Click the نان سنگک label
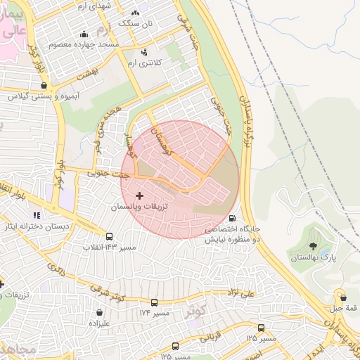pyautogui.click(x=134, y=22)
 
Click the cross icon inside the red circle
pyautogui.click(x=139, y=195)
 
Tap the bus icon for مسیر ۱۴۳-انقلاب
pyautogui.click(x=109, y=237)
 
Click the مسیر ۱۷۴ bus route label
pyautogui.click(x=154, y=311)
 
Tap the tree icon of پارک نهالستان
pyautogui.click(x=313, y=246)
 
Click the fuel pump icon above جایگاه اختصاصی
pyautogui.click(x=233, y=219)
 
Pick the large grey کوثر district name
pyautogui.click(x=197, y=310)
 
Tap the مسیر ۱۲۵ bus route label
pyautogui.click(x=260, y=338)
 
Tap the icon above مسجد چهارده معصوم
pyautogui.click(x=84, y=34)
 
